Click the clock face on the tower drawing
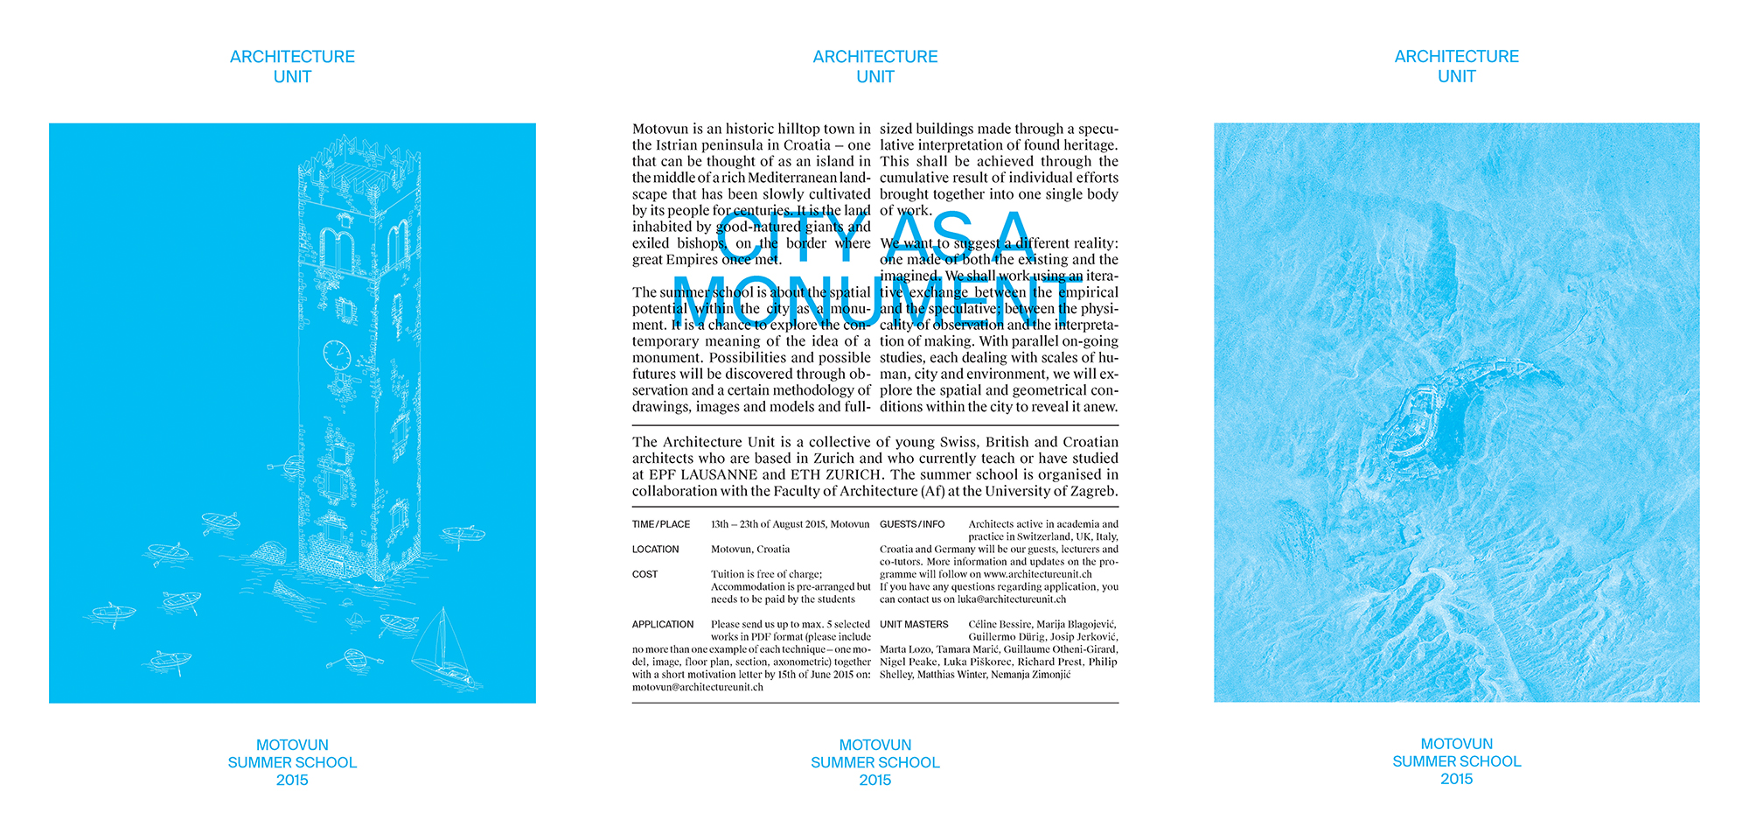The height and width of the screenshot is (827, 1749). coord(337,354)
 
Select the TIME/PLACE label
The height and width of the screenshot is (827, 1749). coord(661,524)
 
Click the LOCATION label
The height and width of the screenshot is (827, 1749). coord(655,550)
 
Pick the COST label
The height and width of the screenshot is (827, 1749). coord(645,575)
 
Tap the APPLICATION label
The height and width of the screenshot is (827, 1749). coord(662,625)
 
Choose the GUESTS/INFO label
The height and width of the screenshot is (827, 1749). coord(912,524)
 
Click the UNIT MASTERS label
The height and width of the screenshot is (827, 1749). coord(914,625)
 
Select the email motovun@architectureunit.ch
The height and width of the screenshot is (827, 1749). coord(698,688)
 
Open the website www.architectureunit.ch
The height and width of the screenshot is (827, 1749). coord(1037,575)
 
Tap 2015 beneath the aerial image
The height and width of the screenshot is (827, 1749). coord(1456,779)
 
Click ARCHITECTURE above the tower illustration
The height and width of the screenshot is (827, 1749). coord(292,57)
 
